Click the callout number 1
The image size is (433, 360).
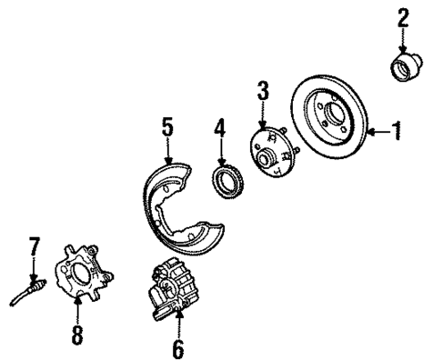click(397, 132)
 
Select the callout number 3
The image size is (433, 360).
click(262, 90)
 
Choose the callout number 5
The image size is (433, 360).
click(167, 129)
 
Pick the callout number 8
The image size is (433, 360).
click(77, 337)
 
